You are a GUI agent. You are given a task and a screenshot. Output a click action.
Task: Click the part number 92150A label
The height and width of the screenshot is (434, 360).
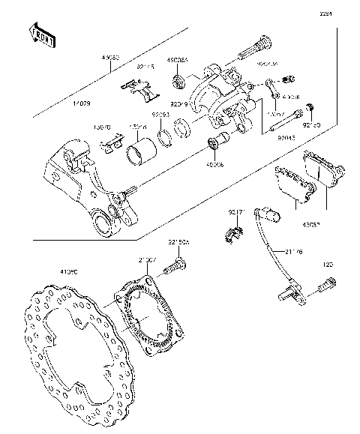(x=178, y=242)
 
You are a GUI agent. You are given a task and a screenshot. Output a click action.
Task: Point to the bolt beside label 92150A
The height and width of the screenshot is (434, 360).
(x=178, y=263)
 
